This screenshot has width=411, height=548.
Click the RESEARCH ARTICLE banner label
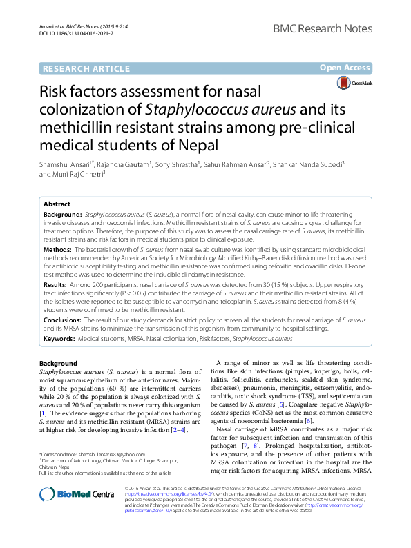click(86, 68)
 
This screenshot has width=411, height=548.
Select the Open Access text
click(345, 68)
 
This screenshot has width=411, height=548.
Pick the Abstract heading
click(57, 204)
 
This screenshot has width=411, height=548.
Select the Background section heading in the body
click(59, 363)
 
